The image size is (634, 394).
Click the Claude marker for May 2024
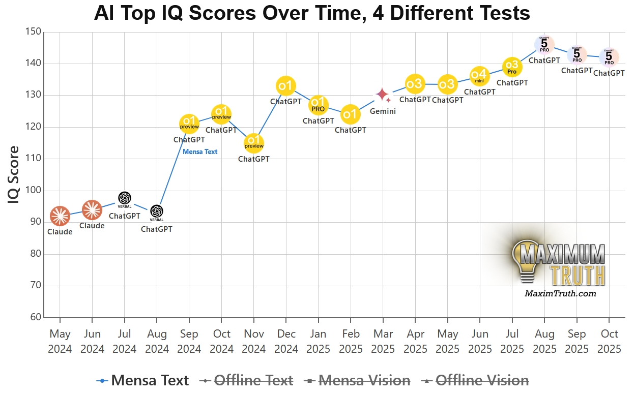(x=60, y=217)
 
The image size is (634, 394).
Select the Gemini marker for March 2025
(x=383, y=95)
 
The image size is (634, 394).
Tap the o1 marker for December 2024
(x=286, y=85)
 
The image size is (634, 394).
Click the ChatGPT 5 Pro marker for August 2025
(x=544, y=45)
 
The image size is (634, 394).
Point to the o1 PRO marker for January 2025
(x=319, y=105)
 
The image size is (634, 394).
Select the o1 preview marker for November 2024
(x=254, y=143)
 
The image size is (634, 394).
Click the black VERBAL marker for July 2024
(x=125, y=198)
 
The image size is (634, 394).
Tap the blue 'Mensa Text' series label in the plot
(x=200, y=151)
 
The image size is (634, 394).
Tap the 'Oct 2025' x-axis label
(x=609, y=341)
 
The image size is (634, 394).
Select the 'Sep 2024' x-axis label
(x=189, y=341)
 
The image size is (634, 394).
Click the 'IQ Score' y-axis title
(x=14, y=175)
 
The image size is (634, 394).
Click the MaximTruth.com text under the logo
(x=560, y=293)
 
